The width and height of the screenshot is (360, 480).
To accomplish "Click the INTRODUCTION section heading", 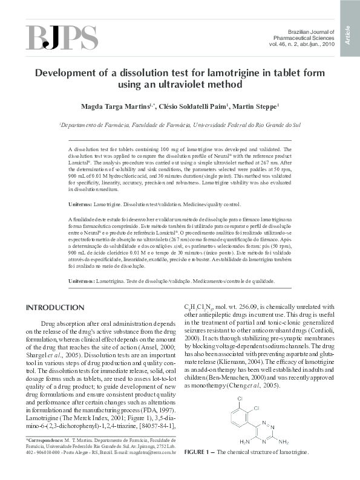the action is tap(55, 308).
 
